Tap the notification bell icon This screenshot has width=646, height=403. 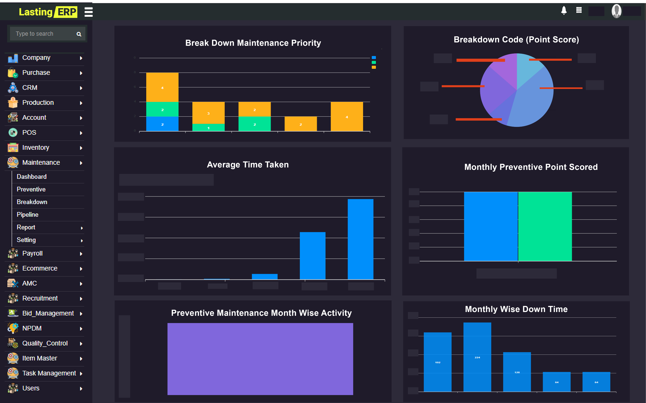click(x=564, y=10)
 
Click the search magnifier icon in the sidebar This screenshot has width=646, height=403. click(x=79, y=34)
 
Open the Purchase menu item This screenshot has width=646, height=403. click(x=36, y=73)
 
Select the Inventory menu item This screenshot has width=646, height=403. click(x=36, y=148)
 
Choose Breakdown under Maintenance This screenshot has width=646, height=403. click(x=32, y=202)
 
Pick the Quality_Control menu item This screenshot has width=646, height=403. click(x=45, y=343)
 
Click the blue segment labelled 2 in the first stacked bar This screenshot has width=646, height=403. click(x=162, y=124)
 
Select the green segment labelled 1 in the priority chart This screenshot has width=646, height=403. click(x=208, y=128)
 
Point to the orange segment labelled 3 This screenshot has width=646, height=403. click(x=208, y=113)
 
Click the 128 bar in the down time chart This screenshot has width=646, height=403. click(x=517, y=372)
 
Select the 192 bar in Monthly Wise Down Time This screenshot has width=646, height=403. click(x=438, y=362)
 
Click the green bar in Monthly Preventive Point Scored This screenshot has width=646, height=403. click(x=545, y=227)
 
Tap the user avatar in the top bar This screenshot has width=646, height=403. click(x=616, y=11)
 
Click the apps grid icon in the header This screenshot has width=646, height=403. click(x=579, y=10)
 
